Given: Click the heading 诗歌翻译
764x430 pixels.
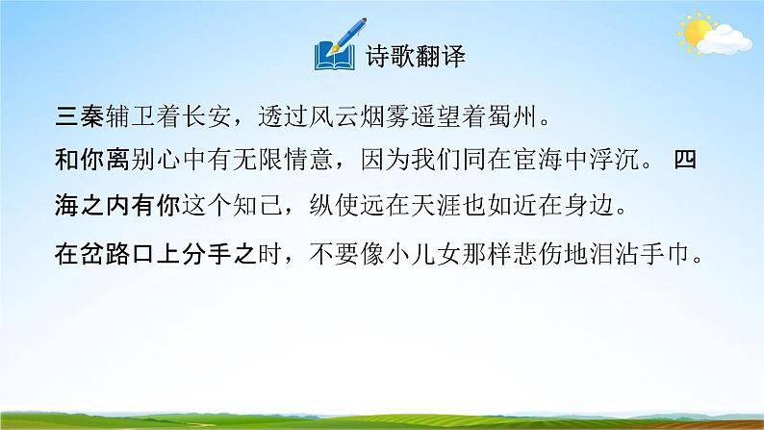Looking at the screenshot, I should [416, 55].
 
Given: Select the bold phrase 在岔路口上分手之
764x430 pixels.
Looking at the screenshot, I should [150, 256].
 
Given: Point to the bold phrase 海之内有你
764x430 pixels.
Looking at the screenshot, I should [111, 206].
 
